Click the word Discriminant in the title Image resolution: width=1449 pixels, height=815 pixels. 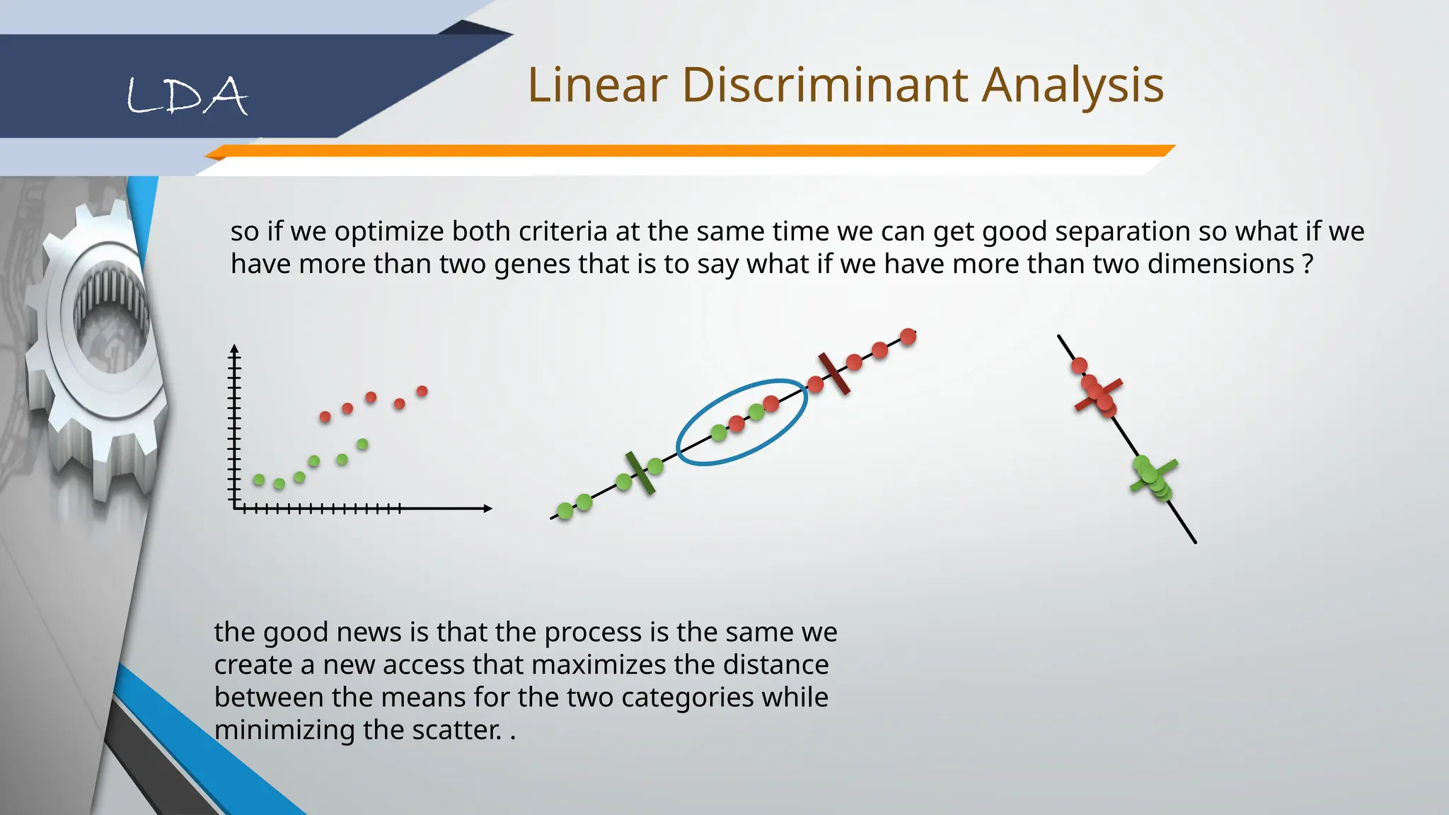pyautogui.click(x=825, y=85)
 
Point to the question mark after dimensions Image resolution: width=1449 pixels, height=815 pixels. pyautogui.click(x=1307, y=264)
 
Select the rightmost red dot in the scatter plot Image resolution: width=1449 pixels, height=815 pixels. pyautogui.click(x=422, y=391)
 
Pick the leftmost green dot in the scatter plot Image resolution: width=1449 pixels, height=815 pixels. pyautogui.click(x=259, y=480)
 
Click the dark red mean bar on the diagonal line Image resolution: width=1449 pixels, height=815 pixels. pyautogui.click(x=833, y=373)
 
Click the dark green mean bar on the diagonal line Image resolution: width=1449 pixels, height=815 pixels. pyautogui.click(x=640, y=473)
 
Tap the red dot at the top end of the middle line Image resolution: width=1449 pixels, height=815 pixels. pyautogui.click(x=908, y=337)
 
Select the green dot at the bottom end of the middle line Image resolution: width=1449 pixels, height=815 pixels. pyautogui.click(x=565, y=510)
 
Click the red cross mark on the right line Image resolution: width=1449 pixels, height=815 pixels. pyautogui.click(x=1098, y=395)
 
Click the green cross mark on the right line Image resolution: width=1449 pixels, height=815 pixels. pyautogui.click(x=1154, y=476)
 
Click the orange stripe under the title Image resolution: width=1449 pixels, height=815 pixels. pyautogui.click(x=690, y=151)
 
